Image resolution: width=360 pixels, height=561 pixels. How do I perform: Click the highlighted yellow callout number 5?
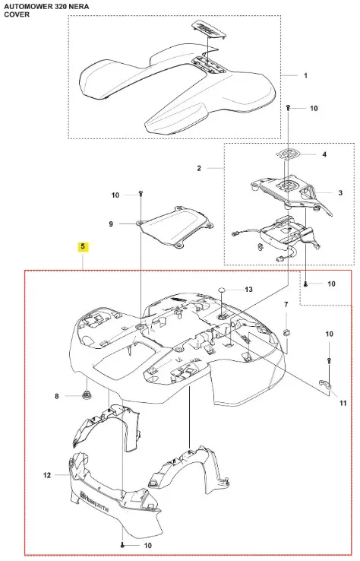tap(83, 246)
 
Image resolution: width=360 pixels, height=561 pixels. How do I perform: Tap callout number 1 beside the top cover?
tap(305, 75)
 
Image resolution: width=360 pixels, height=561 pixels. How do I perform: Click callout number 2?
tap(199, 168)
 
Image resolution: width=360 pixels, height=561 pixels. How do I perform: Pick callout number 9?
tap(111, 224)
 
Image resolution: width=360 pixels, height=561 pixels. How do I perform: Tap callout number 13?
tap(248, 289)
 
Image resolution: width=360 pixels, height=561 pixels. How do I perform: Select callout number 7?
tap(286, 305)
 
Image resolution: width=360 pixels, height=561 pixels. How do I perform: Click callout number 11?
tap(343, 403)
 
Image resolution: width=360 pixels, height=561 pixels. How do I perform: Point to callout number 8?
tap(56, 396)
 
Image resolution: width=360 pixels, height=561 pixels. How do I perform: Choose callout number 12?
tap(47, 475)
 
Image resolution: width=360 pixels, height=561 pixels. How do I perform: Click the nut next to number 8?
tap(86, 395)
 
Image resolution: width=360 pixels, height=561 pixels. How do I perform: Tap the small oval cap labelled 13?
tap(223, 290)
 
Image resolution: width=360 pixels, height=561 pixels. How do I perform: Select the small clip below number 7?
tap(287, 333)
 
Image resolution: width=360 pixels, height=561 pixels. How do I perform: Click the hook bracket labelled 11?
tap(325, 384)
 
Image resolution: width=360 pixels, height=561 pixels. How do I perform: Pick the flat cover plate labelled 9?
tap(176, 227)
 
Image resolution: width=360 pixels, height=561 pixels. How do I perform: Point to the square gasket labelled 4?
tap(288, 154)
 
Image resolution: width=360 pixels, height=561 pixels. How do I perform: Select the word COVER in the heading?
tap(17, 14)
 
